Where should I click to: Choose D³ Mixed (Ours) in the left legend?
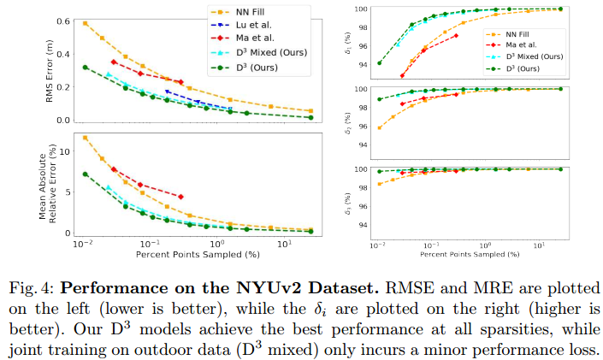(267, 55)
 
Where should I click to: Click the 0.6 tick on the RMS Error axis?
(62, 20)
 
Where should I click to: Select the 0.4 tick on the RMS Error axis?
(62, 53)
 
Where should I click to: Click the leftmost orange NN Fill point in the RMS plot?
(85, 23)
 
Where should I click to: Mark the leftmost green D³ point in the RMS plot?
(85, 67)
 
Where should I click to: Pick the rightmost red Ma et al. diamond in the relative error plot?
(180, 197)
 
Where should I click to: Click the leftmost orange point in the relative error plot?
(85, 137)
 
